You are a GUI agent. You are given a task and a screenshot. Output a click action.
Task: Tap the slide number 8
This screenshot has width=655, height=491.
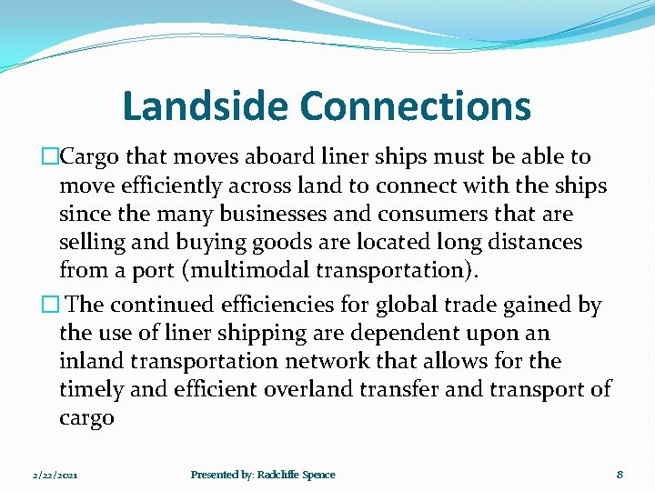click(619, 475)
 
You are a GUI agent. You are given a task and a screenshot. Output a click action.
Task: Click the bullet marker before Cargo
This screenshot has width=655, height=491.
click(51, 157)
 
